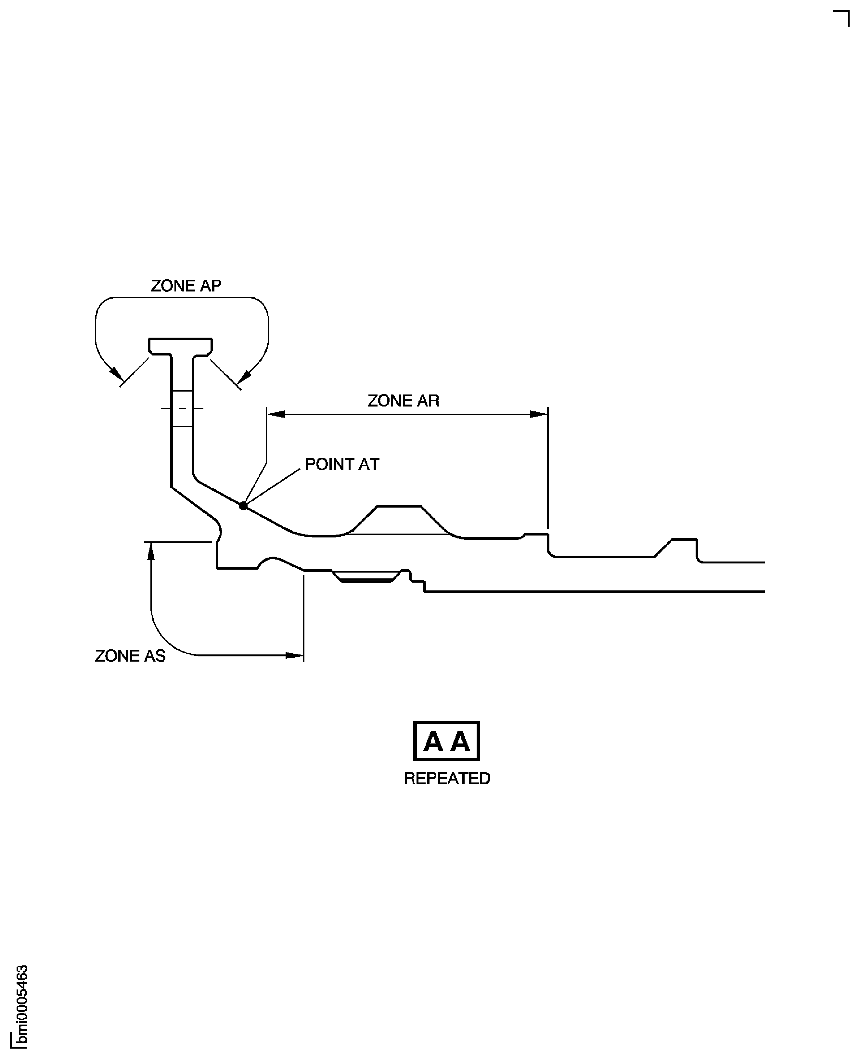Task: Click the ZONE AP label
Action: (x=186, y=286)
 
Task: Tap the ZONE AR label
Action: (x=403, y=401)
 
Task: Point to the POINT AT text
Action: (x=342, y=464)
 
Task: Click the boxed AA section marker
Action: (x=446, y=741)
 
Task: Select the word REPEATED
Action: (x=447, y=779)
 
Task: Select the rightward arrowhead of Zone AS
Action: (x=295, y=656)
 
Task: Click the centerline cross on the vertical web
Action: (x=182, y=408)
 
